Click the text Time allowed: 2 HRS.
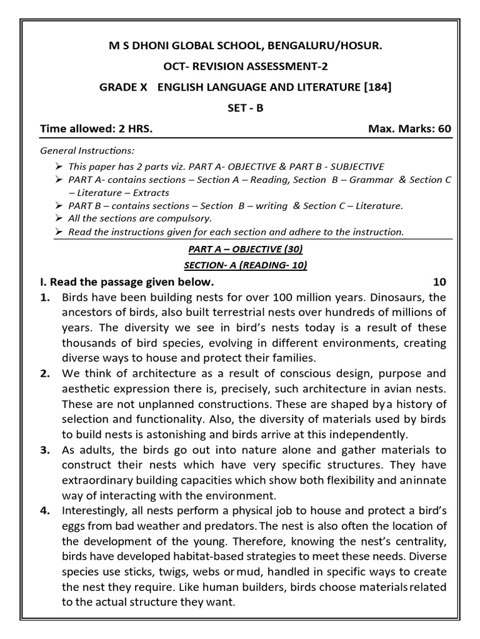[x=96, y=129]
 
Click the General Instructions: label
[x=87, y=151]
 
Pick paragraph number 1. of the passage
[x=45, y=297]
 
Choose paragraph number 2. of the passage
[x=45, y=373]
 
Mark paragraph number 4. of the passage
[x=45, y=511]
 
